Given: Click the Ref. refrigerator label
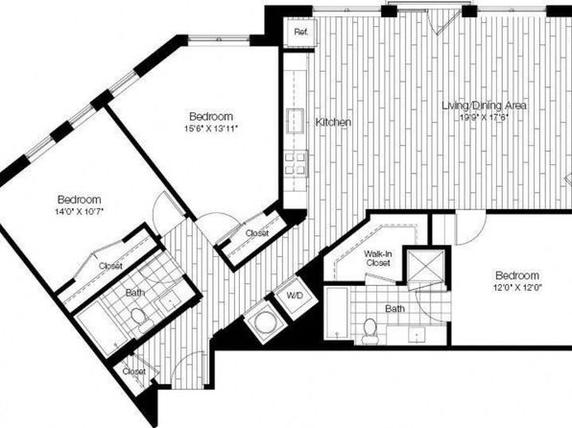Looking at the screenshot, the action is (x=301, y=32).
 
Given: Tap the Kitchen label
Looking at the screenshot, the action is (x=333, y=122).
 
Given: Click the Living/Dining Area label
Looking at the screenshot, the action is (x=484, y=106).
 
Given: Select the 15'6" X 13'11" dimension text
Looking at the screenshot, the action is (x=211, y=128).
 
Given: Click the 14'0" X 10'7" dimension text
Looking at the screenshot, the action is (x=79, y=211).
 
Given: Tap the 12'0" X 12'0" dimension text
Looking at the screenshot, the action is (x=517, y=287).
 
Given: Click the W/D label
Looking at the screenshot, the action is (x=295, y=296).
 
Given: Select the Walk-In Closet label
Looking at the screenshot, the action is (x=378, y=258).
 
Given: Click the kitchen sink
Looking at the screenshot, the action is (x=296, y=119).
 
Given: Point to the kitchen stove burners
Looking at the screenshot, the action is (x=296, y=163).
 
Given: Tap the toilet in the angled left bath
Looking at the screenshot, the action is (x=140, y=320).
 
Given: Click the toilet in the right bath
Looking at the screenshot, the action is (x=369, y=330).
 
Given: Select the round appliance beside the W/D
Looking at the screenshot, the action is (x=264, y=322).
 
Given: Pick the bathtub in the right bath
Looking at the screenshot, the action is (x=338, y=314).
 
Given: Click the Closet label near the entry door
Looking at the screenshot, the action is (x=133, y=371).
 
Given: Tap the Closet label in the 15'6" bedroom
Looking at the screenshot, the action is (x=257, y=233).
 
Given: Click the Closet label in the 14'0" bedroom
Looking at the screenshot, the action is (x=110, y=266).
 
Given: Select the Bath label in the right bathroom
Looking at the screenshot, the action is (x=394, y=309).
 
